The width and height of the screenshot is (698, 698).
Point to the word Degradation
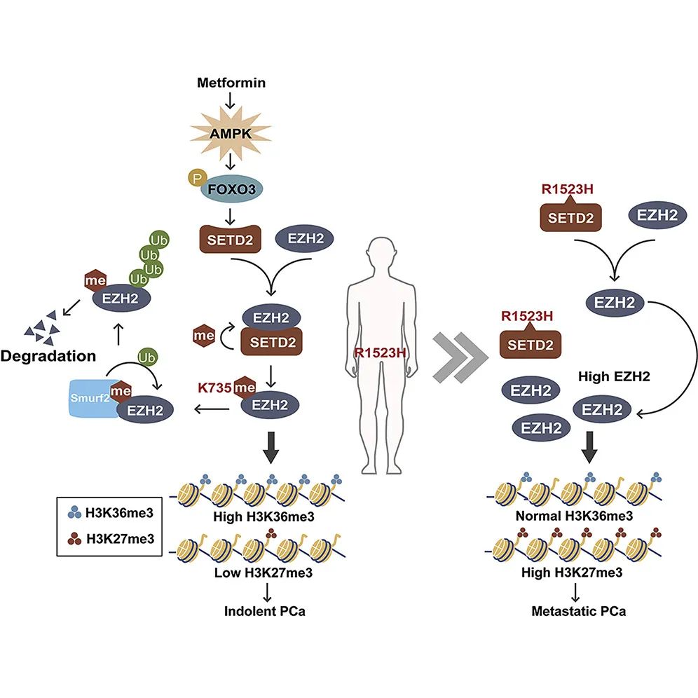48,355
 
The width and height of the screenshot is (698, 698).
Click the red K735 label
213,385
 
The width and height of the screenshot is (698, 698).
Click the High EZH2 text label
604,377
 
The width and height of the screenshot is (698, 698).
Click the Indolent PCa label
265,610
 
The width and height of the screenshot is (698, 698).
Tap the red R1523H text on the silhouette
380,353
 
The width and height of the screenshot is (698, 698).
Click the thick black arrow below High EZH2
590,449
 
